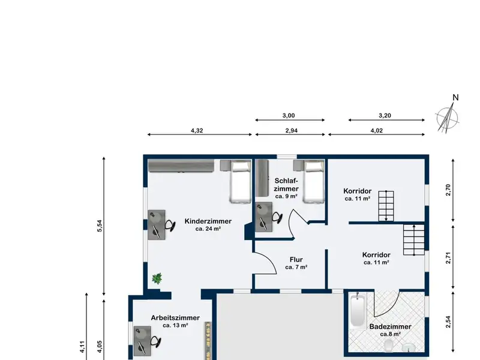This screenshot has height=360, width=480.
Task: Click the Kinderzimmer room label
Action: [208, 221]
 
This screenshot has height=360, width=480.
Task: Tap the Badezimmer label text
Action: [391, 326]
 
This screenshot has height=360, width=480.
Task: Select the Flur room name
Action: [296, 260]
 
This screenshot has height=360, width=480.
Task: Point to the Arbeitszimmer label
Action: [175, 318]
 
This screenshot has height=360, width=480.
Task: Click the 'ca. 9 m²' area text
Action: [286, 196]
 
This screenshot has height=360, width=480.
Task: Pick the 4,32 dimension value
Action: [197, 130]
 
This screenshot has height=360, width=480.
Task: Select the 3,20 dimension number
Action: [385, 115]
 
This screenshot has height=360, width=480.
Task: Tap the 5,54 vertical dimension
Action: [100, 226]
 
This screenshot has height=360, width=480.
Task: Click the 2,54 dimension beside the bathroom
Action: [448, 322]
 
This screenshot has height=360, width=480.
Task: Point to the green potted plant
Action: [157, 278]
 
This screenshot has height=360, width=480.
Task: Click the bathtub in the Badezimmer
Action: [357, 311]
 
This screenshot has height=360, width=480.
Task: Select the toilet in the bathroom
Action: [389, 345]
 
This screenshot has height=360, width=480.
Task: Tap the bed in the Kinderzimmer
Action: [241, 182]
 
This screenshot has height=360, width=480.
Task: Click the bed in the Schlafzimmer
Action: [313, 182]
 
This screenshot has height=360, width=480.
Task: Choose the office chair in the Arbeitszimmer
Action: [155, 341]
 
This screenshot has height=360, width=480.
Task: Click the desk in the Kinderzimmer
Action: [157, 224]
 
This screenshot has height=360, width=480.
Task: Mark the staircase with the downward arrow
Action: [386, 206]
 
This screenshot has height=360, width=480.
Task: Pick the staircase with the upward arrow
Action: [414, 239]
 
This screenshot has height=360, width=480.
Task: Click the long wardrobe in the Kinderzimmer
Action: [181, 166]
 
